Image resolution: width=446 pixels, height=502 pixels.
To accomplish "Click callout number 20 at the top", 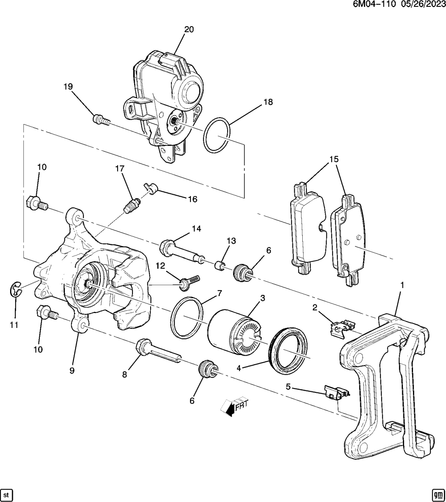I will [189, 29].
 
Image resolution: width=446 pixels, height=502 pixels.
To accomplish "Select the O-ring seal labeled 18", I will [217, 135].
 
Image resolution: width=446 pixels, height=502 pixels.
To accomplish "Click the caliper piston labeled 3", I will [233, 330].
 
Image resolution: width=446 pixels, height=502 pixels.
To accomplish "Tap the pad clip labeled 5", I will [336, 393].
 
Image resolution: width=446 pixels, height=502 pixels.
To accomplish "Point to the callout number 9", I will [72, 370].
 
